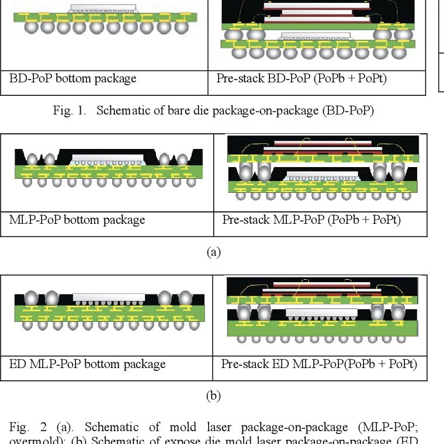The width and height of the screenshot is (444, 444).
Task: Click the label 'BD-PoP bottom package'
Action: [72, 78]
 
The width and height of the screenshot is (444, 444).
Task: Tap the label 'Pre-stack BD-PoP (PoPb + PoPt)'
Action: [301, 78]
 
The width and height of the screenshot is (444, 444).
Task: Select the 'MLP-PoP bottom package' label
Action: [77, 220]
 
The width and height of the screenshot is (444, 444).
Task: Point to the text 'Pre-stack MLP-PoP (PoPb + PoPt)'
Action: [311, 220]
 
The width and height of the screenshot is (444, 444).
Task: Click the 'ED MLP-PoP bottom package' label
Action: [88, 364]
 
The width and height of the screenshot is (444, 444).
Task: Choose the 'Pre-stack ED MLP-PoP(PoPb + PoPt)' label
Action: [319, 364]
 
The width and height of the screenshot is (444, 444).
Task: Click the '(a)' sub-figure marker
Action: [214, 252]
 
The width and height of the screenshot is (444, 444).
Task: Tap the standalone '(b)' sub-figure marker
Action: [214, 396]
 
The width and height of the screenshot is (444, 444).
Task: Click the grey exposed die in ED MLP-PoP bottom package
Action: [109, 297]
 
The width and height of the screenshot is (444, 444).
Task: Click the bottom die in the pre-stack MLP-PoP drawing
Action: [320, 174]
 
